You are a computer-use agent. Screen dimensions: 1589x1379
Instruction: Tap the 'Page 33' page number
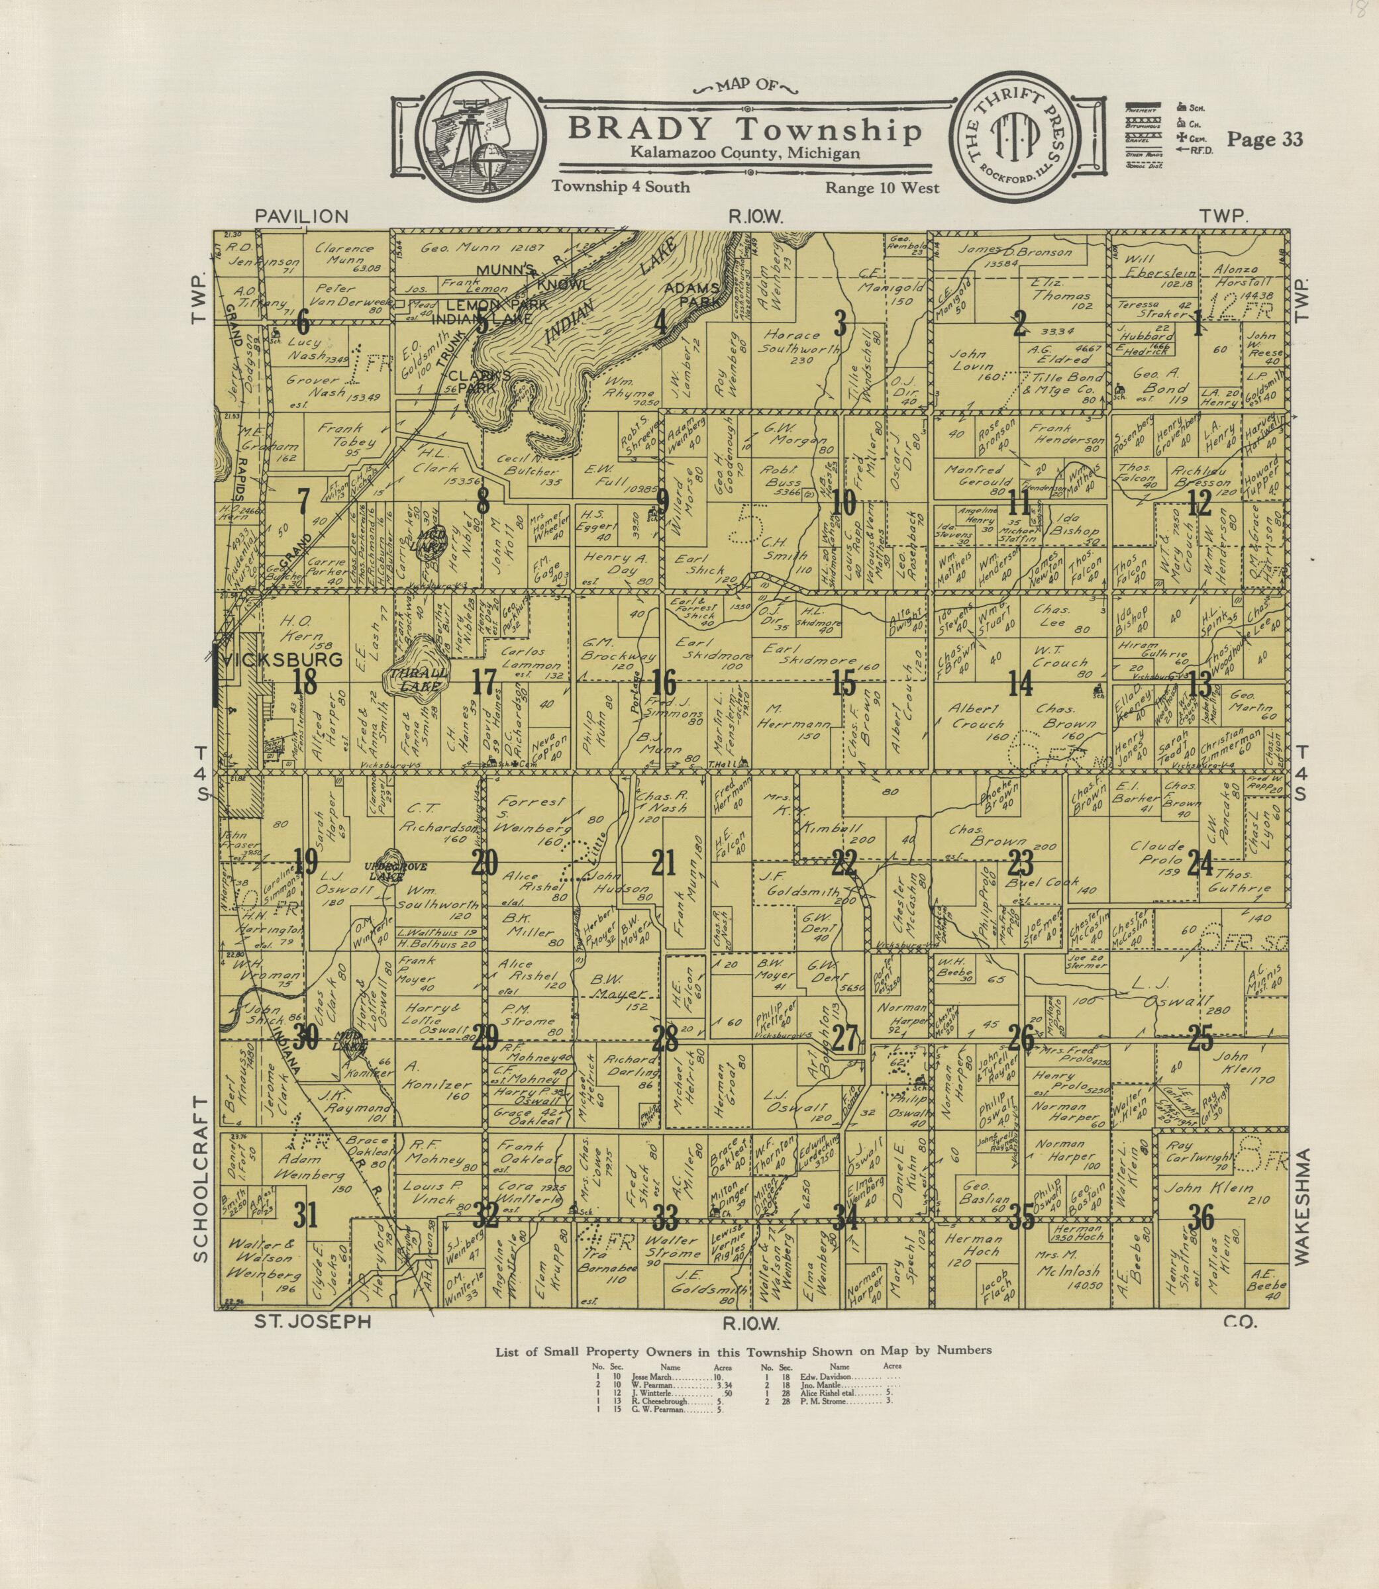click(1264, 138)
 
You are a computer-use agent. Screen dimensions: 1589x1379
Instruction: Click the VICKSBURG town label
click(282, 660)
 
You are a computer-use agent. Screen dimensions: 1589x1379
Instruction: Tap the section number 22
click(844, 864)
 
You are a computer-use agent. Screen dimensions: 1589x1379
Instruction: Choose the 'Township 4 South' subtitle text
click(620, 186)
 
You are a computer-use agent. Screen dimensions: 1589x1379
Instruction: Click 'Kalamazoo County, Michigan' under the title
click(744, 154)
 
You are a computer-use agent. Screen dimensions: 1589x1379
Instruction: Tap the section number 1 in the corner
click(1198, 326)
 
